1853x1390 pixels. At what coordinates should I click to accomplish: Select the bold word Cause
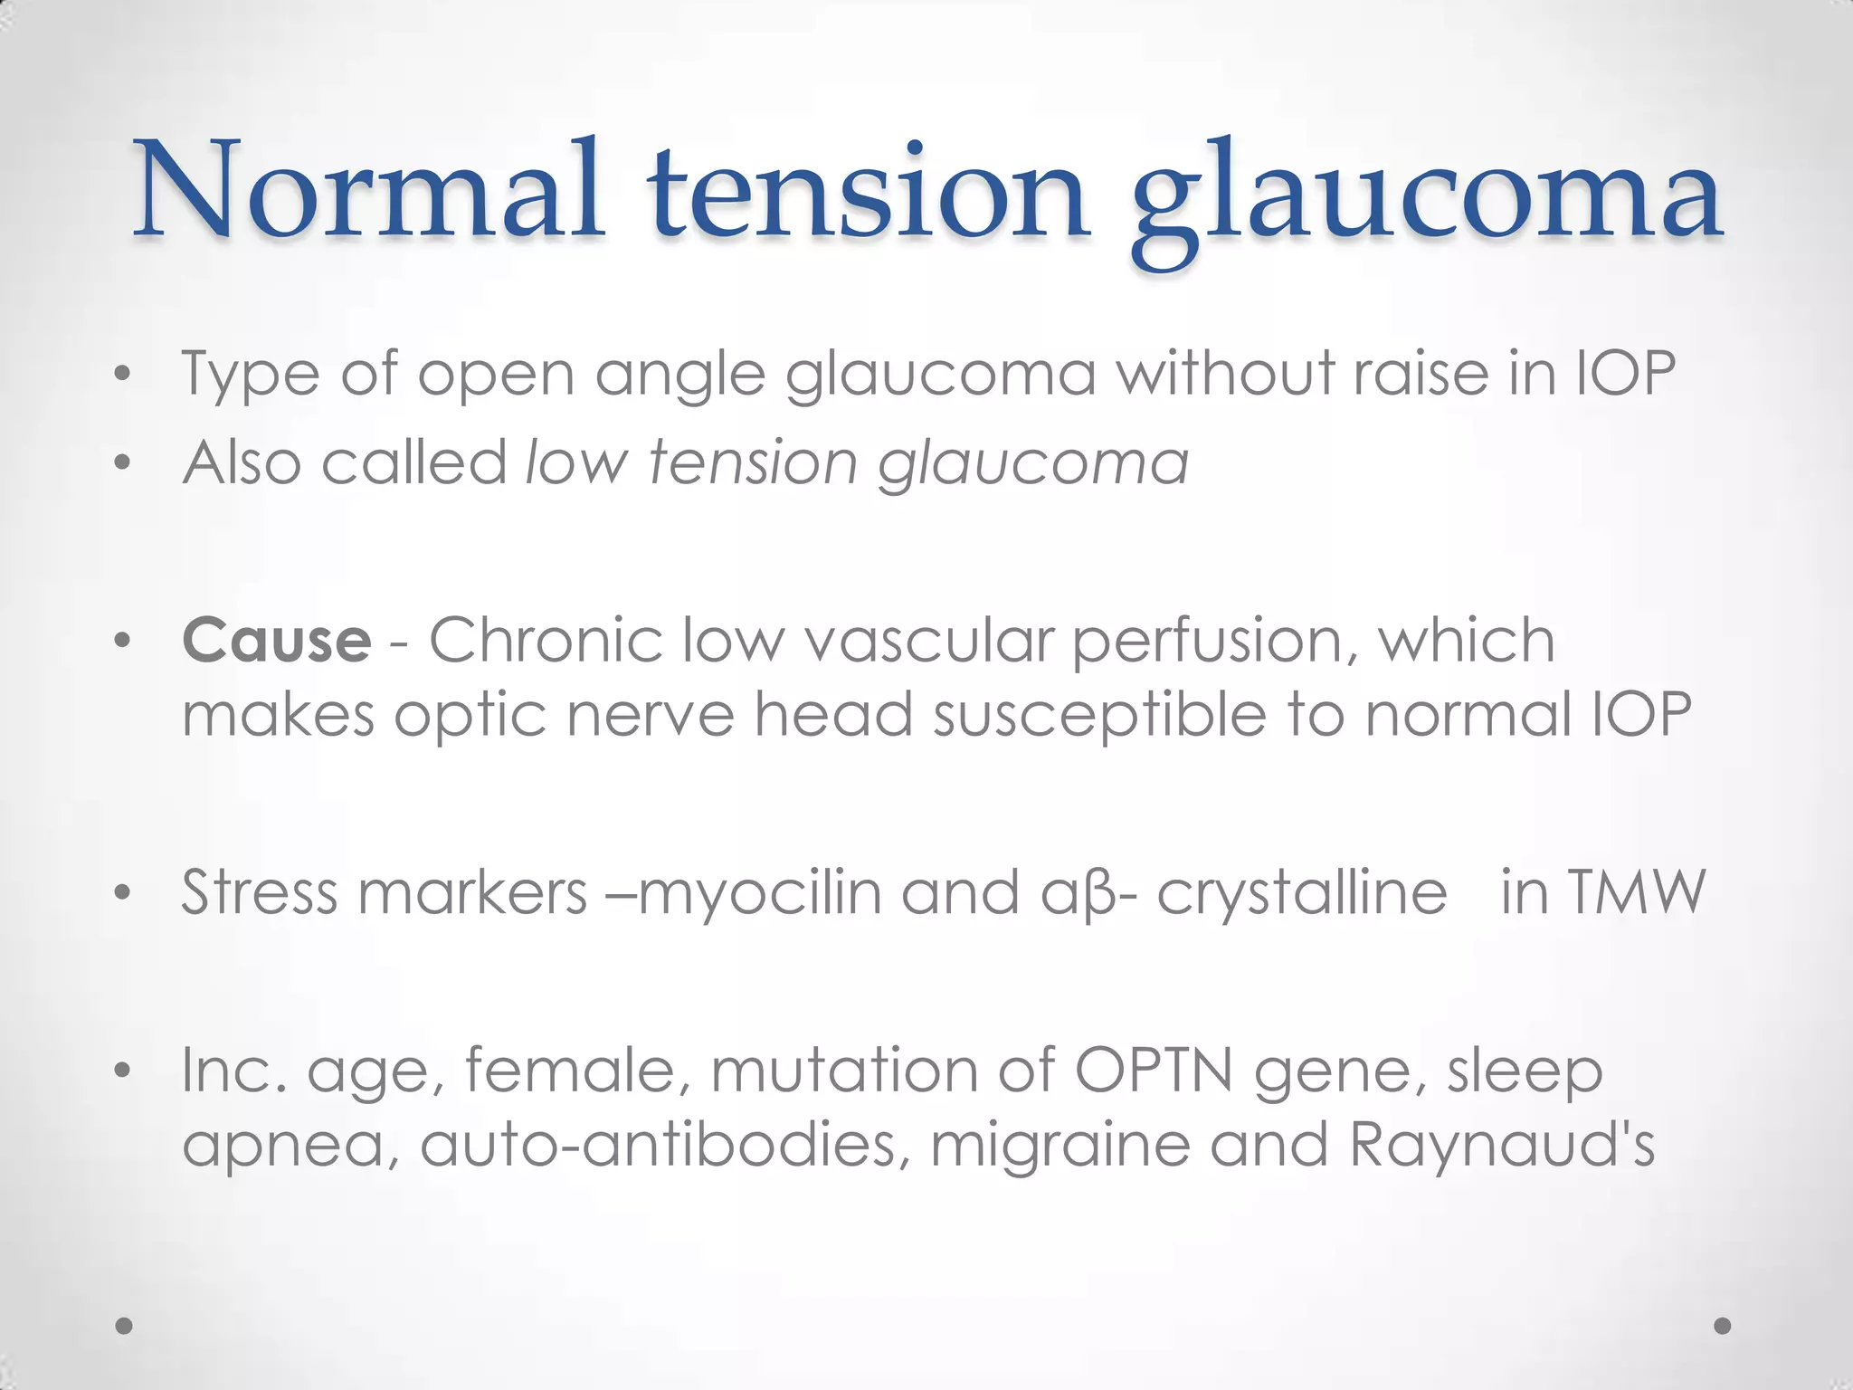coord(276,640)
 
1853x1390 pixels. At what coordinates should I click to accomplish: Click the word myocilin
coord(760,892)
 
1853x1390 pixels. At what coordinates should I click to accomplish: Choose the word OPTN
coord(1154,1070)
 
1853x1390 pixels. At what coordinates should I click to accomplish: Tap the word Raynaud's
coord(1502,1144)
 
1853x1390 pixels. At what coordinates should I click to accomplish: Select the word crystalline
coord(1302,894)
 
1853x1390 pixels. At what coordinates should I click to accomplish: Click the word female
coord(583,1070)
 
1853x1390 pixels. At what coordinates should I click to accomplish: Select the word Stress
coord(260,892)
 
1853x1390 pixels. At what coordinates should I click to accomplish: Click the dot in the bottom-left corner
coord(125,1326)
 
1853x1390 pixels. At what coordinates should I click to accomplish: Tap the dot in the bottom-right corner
coord(1723,1326)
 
